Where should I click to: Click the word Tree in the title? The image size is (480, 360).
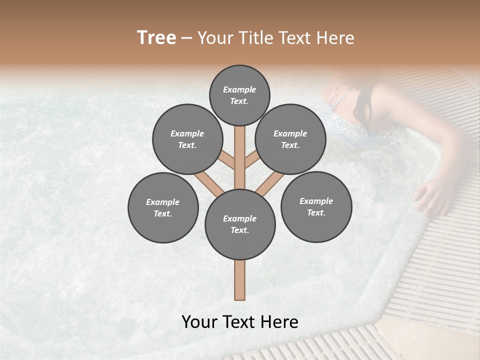(x=156, y=38)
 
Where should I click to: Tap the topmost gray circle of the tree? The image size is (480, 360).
(x=239, y=95)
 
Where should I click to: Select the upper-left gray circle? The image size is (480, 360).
(x=187, y=139)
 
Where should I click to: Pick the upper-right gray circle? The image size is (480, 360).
(x=290, y=139)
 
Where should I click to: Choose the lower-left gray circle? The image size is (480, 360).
(x=163, y=207)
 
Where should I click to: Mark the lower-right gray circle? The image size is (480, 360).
(x=316, y=206)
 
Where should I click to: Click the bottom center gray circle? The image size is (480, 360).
(x=240, y=224)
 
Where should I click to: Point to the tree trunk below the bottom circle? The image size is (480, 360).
(x=240, y=280)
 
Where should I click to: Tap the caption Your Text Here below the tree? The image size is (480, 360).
(x=240, y=322)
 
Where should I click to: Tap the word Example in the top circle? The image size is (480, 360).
(x=239, y=89)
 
